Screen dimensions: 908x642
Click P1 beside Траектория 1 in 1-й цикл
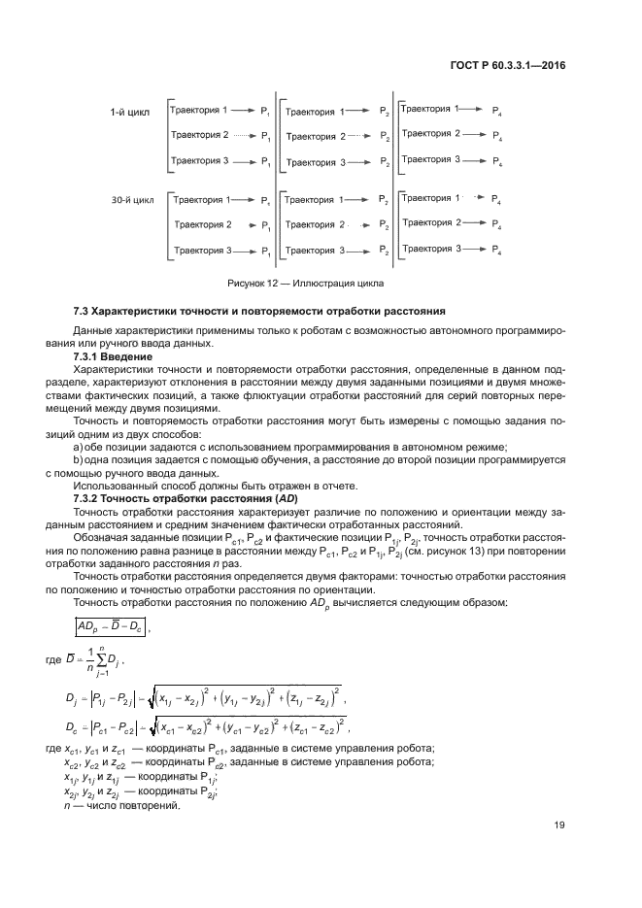(266, 112)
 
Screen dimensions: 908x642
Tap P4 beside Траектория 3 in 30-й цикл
(497, 251)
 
